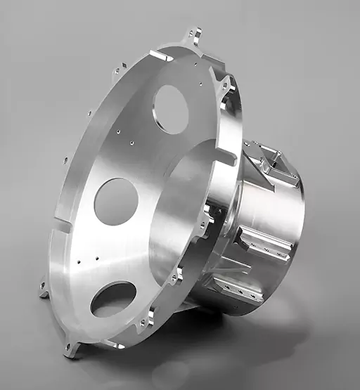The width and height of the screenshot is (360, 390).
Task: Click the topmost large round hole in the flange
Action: point(171,109)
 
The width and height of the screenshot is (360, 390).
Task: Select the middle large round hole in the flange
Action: point(116,202)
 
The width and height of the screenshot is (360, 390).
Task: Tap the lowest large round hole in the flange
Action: point(113,298)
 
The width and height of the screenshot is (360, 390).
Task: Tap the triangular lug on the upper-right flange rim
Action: point(227,86)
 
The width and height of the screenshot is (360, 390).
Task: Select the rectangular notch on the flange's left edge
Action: point(63,226)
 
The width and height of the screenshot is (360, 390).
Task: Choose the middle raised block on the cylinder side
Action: point(265,243)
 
